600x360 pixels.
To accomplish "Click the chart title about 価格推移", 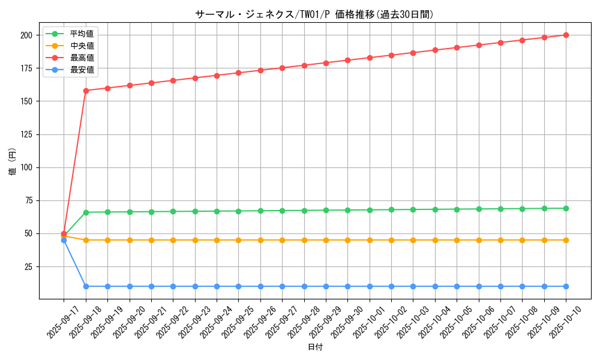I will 314,14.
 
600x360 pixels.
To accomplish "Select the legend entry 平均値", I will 82,34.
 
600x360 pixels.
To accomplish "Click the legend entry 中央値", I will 82,46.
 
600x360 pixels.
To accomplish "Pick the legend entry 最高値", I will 82,58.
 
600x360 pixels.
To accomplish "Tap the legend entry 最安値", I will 82,70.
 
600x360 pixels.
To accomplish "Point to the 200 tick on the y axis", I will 25,35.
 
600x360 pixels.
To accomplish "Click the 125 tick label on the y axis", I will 25,134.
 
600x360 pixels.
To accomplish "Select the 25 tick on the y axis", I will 28,266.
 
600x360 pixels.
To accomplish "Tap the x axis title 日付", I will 315,347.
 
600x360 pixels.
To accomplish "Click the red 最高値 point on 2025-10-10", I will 566,35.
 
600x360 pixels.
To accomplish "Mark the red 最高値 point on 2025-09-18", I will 86,91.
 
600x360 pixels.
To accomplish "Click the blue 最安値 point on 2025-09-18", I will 86,286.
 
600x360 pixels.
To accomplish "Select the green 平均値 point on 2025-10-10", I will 566,208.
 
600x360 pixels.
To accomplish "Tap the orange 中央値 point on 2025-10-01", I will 370,240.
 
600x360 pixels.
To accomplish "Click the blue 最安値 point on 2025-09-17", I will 64,240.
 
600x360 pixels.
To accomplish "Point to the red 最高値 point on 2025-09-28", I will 304,65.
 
